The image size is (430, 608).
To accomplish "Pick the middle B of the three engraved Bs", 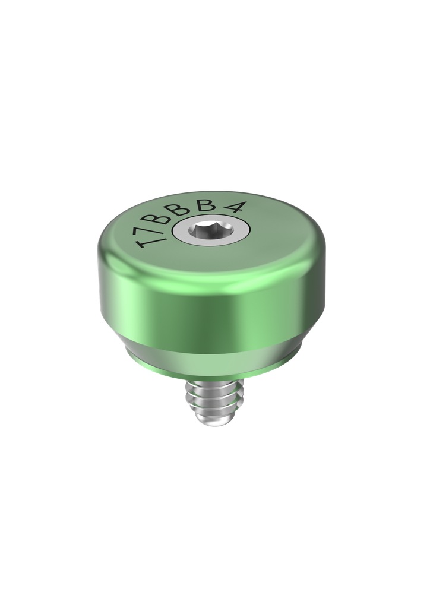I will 192,210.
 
